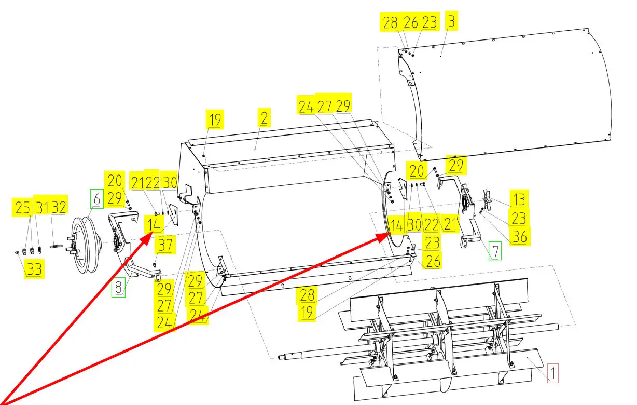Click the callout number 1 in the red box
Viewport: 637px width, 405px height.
[552, 373]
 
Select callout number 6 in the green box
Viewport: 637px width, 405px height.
[96, 199]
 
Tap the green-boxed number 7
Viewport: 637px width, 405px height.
[495, 251]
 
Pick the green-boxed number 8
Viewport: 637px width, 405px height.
[118, 287]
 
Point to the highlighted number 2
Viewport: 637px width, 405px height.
[264, 117]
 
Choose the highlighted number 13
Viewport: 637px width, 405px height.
[519, 199]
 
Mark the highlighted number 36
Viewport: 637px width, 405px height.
[520, 236]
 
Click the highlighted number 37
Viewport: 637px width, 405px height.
[165, 245]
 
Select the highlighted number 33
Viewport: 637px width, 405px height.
[34, 268]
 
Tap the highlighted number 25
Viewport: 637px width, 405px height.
[22, 207]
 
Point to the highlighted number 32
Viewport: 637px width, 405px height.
[59, 206]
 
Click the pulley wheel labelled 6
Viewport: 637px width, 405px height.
[85, 245]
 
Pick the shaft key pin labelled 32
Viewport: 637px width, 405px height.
[56, 246]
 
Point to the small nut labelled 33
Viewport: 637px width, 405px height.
[17, 252]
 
